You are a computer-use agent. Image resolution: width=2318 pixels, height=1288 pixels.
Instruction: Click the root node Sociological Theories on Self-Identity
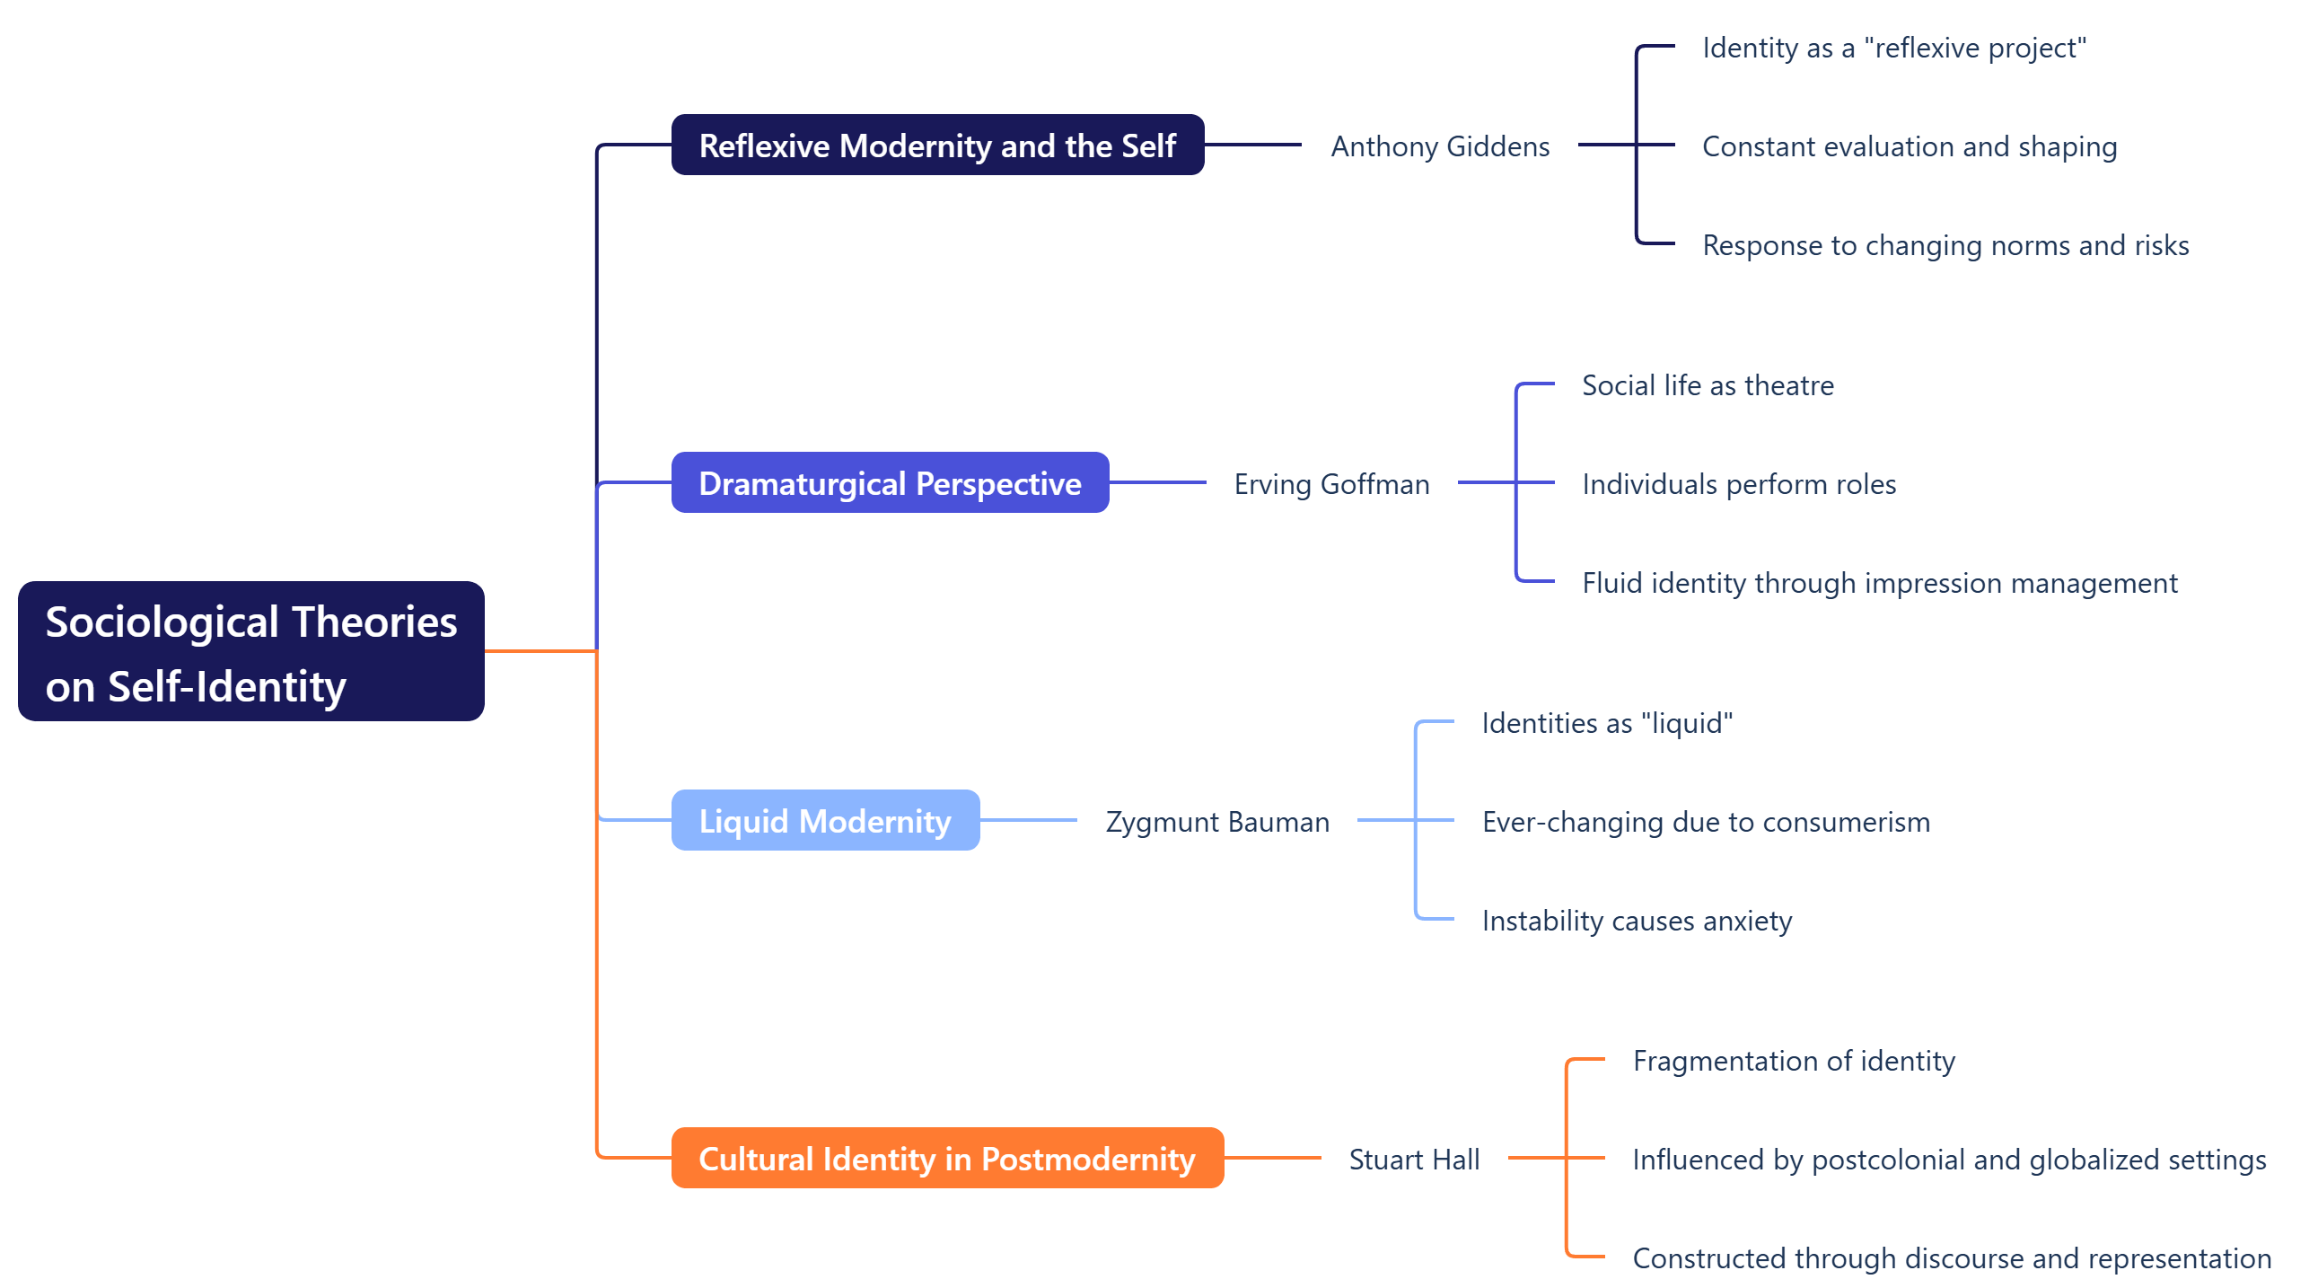tap(251, 651)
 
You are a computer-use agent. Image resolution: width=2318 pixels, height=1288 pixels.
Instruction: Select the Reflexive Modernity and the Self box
tap(936, 145)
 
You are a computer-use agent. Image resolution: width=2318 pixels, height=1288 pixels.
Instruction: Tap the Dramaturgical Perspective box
tap(889, 483)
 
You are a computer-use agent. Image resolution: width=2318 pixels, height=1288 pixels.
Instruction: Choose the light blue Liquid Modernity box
tap(824, 821)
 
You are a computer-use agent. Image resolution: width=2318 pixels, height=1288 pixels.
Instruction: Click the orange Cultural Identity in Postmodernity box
tap(946, 1159)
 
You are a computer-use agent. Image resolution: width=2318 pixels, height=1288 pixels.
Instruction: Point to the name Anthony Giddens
tap(1440, 146)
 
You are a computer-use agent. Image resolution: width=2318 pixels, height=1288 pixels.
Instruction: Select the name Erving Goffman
tap(1330, 484)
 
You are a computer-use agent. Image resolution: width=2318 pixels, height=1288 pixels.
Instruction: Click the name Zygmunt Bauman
tap(1216, 822)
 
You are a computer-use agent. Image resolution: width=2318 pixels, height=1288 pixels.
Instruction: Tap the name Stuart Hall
tap(1414, 1160)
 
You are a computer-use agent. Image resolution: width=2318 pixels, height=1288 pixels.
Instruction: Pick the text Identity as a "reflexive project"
tap(1893, 48)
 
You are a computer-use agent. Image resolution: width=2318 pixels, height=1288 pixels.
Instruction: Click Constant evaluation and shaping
tap(1909, 146)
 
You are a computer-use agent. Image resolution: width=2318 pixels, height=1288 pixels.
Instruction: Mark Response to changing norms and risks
tap(1945, 246)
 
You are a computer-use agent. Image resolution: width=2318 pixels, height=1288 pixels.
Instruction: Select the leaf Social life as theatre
tap(1707, 385)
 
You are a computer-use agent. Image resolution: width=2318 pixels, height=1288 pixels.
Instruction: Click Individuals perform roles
tap(1738, 484)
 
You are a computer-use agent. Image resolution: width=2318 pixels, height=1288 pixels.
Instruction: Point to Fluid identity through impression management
tap(1879, 583)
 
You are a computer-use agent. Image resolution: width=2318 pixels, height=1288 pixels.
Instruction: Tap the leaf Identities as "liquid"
tap(1606, 723)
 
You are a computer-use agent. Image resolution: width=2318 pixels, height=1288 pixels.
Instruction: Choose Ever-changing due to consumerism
tap(1705, 822)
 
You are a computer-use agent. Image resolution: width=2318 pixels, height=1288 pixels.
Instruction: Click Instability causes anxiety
tap(1636, 921)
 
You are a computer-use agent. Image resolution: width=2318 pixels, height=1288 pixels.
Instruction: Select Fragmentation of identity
tap(1794, 1060)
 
